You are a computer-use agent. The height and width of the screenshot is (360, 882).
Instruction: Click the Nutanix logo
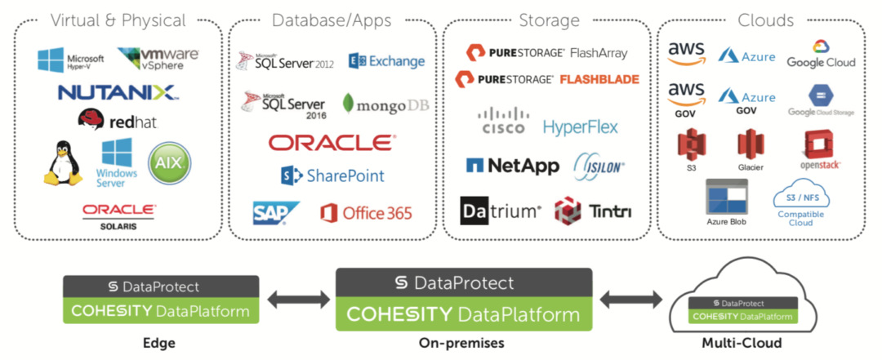point(117,91)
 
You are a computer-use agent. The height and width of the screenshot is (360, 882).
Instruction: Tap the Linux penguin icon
point(62,163)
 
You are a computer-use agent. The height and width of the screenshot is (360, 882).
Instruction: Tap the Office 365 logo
point(366,213)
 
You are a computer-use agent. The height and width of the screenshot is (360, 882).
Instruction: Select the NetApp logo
point(512,166)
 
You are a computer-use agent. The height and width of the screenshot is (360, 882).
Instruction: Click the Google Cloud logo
point(821,54)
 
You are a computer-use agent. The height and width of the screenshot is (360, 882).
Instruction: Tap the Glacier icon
point(751,150)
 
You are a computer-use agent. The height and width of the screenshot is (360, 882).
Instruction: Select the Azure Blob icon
point(727,200)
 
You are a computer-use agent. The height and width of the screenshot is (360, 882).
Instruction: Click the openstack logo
point(821,149)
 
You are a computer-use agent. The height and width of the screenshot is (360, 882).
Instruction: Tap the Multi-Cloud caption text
point(742,342)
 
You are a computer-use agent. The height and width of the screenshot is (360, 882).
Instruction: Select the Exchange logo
point(386,61)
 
